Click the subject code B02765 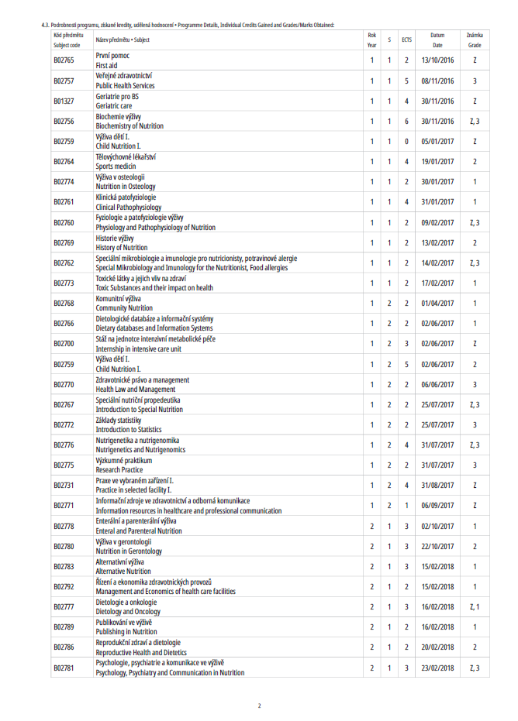click(64, 60)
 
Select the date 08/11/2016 click(437, 81)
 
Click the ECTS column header click(406, 39)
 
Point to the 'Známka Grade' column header click(475, 39)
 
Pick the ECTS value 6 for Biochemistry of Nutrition click(406, 122)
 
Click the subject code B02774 click(64, 182)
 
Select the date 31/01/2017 click(437, 202)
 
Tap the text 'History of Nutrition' click(121, 248)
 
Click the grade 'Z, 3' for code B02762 click(475, 263)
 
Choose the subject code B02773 click(64, 283)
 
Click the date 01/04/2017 click(437, 304)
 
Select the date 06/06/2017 click(437, 385)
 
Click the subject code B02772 click(64, 425)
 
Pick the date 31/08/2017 click(437, 486)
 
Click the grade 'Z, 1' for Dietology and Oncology click(475, 607)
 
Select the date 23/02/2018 click(437, 668)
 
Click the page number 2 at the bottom click(260, 706)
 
